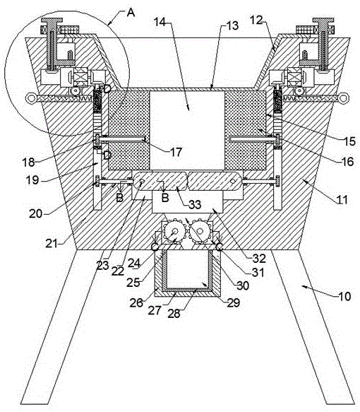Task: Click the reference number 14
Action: click(160, 23)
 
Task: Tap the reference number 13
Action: click(232, 25)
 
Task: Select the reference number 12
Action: click(256, 20)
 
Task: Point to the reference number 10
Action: click(344, 296)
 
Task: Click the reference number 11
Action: click(342, 200)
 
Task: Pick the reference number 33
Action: click(195, 205)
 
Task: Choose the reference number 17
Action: click(176, 152)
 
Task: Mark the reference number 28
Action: click(174, 313)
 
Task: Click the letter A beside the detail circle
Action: click(131, 12)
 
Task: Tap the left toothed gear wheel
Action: click(174, 232)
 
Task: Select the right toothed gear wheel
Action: click(200, 232)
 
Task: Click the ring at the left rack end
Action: click(32, 98)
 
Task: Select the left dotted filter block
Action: click(129, 131)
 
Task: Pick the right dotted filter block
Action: click(246, 131)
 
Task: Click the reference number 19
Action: click(32, 180)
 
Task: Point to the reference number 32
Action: click(259, 259)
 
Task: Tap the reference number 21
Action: click(52, 244)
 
